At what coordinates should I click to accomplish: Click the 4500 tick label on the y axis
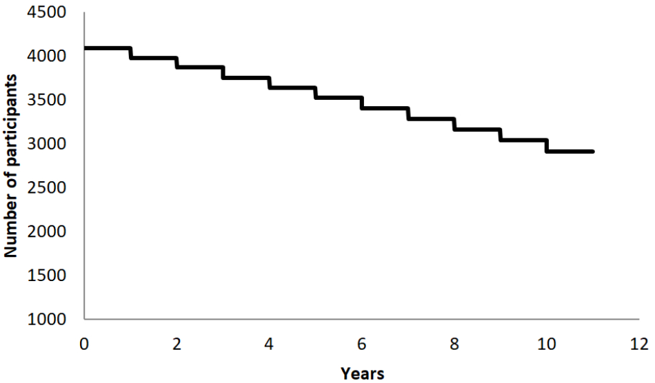point(52,12)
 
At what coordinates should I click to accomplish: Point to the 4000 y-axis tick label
point(52,56)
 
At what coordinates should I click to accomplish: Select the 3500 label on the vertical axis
point(52,100)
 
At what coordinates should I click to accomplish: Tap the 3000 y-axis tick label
point(52,144)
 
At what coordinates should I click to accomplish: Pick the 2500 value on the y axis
point(52,187)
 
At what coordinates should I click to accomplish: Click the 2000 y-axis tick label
point(52,231)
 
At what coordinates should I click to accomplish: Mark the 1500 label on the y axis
point(52,276)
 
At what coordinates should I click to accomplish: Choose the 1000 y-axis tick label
point(52,320)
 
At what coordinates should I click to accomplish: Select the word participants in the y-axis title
point(11,127)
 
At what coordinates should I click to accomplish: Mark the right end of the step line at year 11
point(593,151)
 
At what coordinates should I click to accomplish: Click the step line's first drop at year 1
point(130,53)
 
